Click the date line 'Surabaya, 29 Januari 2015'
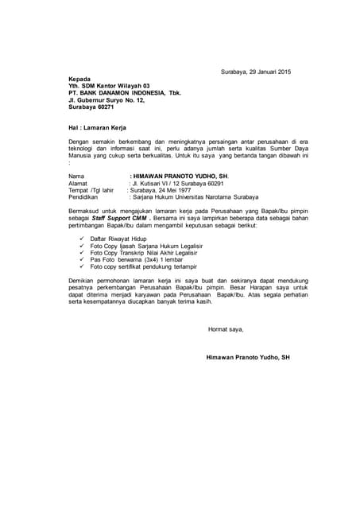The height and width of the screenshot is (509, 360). tap(256, 72)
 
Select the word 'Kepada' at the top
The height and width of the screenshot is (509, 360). tap(79, 79)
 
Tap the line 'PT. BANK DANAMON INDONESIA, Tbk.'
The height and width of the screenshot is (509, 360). tap(125, 93)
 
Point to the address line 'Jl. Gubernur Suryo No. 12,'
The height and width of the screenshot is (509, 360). tap(106, 100)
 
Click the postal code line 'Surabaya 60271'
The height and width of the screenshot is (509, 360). tap(91, 107)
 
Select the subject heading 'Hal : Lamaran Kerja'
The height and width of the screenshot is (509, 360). tap(98, 127)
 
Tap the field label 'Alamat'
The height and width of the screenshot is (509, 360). tap(79, 183)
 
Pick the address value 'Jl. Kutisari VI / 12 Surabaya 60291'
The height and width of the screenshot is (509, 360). tap(176, 183)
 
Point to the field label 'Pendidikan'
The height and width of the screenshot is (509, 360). tap(84, 197)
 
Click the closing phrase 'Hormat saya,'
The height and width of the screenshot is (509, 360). tap(226, 328)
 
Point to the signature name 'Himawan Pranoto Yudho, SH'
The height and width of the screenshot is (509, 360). tap(247, 357)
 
